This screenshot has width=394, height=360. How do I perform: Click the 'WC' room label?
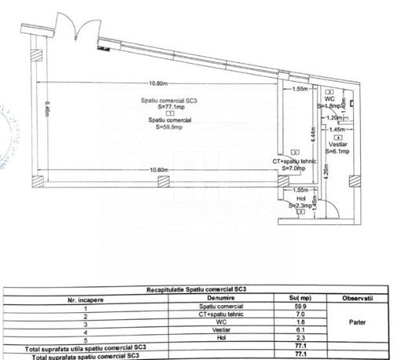[330, 100]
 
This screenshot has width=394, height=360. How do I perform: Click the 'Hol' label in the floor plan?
[301, 199]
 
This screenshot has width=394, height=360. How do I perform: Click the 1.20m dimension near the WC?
[334, 118]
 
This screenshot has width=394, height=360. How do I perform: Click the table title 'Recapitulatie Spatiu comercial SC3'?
[197, 289]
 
